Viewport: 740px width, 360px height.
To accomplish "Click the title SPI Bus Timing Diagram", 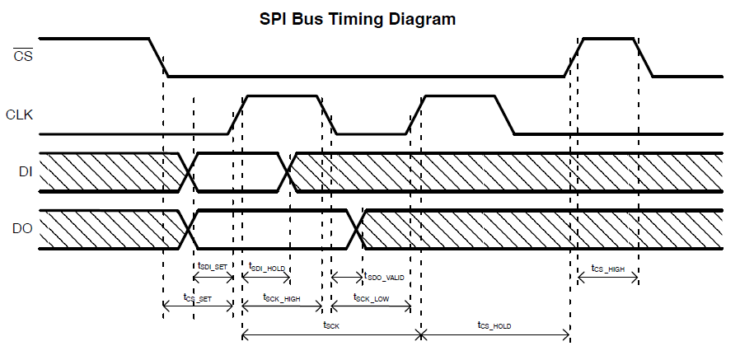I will coord(358,18).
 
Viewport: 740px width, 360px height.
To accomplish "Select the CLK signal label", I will coord(19,115).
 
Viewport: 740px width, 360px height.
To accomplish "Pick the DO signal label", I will coord(23,228).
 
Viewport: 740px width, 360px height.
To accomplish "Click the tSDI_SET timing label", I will coord(213,266).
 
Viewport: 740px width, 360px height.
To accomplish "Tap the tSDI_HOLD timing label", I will coord(267,266).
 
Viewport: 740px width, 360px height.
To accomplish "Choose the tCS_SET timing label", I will coord(197,298).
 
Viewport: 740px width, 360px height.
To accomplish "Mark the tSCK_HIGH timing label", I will coord(281,298).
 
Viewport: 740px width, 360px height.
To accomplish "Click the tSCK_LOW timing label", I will coord(371,298).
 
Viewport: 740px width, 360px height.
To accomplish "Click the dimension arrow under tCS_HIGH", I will coord(607,278).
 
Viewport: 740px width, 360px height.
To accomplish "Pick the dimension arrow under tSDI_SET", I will coord(213,278).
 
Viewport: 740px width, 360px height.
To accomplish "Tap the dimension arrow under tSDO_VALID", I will coord(346,278).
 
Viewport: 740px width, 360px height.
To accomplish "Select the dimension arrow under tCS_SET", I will coord(199,307).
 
